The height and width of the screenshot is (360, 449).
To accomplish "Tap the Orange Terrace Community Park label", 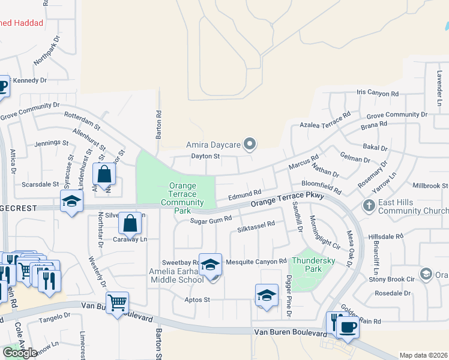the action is click(x=182, y=198).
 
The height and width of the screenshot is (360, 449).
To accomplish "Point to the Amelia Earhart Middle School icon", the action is click(x=210, y=265).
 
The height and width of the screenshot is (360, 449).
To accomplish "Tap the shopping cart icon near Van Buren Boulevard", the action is click(x=117, y=302).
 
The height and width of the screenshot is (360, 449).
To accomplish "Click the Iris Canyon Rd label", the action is click(x=378, y=94).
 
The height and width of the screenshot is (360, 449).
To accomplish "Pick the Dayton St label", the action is click(x=206, y=157).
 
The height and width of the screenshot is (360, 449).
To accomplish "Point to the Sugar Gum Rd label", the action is click(x=211, y=220).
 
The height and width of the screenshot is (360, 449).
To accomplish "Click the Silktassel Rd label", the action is click(x=256, y=227).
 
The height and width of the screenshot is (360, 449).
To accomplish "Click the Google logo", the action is click(x=20, y=353).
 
